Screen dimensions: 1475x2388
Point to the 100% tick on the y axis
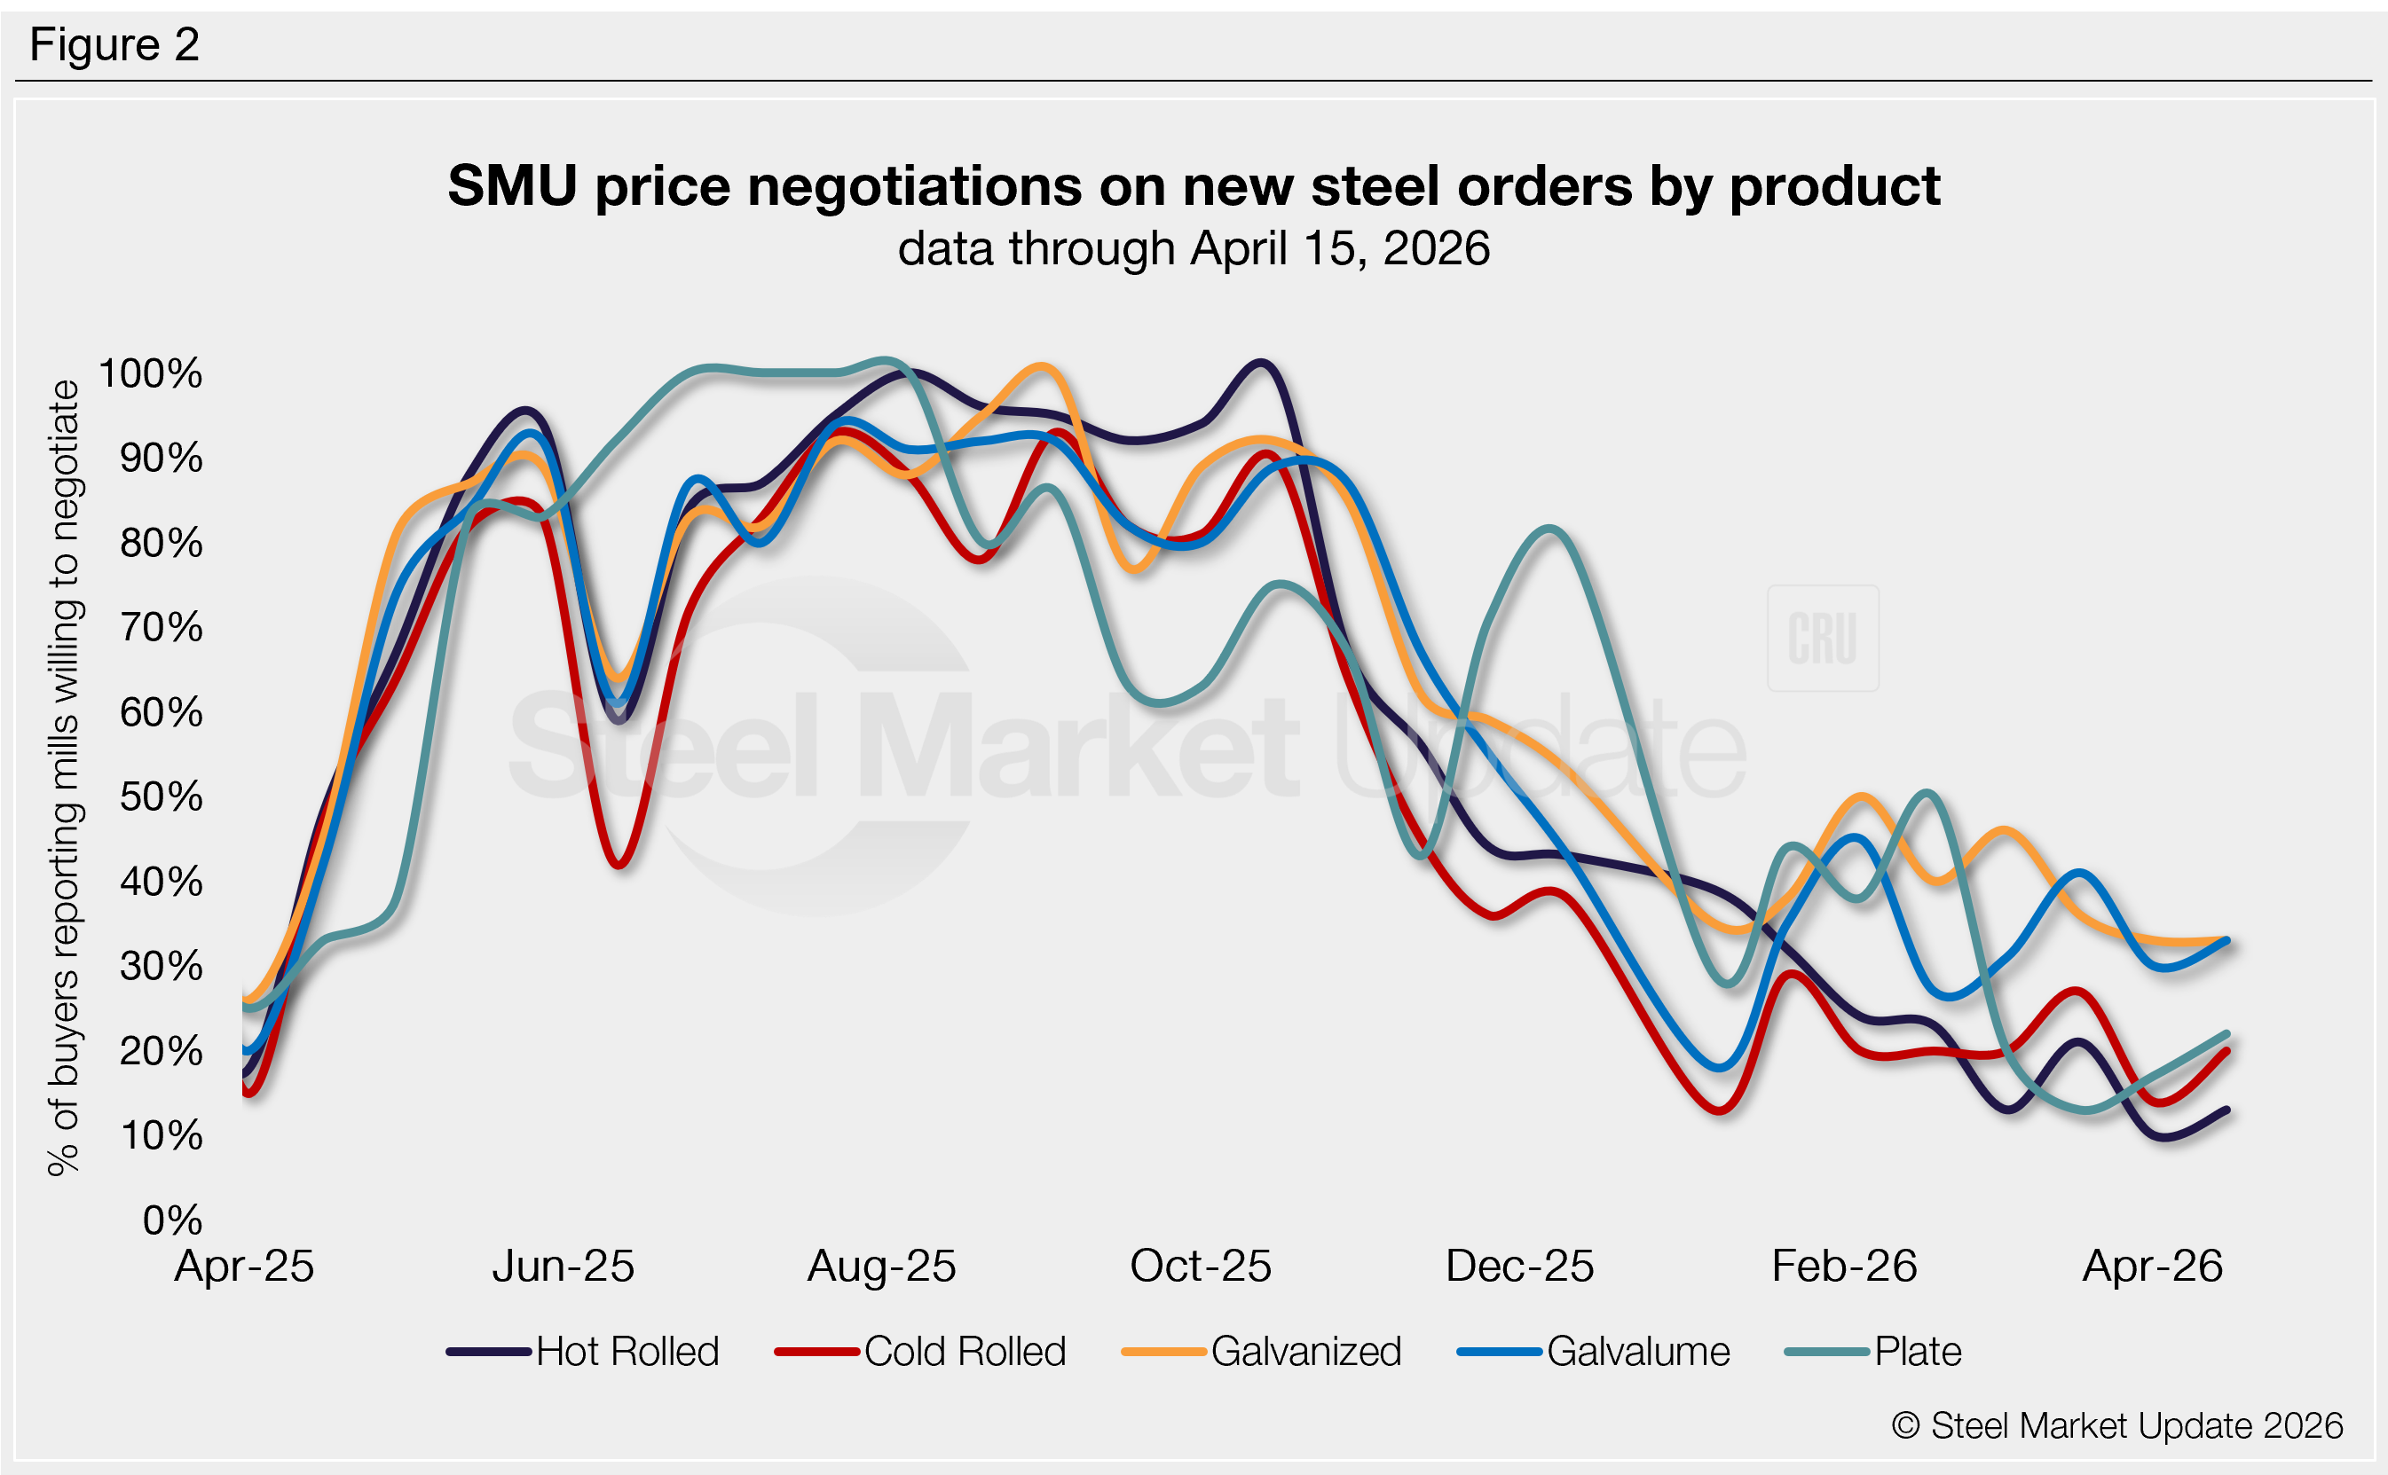pos(151,373)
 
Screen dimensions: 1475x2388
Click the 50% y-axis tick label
pos(161,797)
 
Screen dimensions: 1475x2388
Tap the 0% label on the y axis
pos(173,1220)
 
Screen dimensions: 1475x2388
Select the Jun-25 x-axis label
pos(564,1267)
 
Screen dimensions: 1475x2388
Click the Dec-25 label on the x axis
pos(1519,1267)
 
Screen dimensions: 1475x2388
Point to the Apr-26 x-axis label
pos(2153,1267)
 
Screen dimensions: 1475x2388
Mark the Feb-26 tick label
pos(1844,1267)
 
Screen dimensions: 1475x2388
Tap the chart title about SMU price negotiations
pos(1194,185)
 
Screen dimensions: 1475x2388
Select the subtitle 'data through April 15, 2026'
pos(1194,247)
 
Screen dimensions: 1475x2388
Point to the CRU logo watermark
pos(1823,639)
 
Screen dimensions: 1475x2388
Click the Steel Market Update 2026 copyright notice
pos(2117,1425)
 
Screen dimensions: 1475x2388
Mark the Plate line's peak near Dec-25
pos(1549,530)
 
